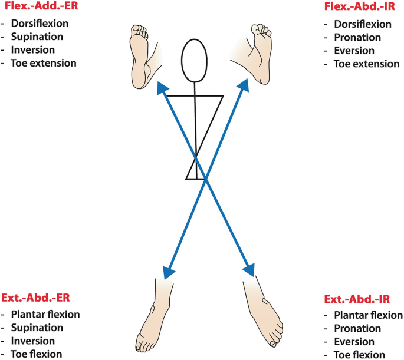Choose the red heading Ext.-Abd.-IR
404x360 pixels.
[x=362, y=299]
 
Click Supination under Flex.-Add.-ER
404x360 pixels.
[x=39, y=37]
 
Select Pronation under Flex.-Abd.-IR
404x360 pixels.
[x=357, y=38]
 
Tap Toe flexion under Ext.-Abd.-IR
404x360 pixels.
[x=359, y=355]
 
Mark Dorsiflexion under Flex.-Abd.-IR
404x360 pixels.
[x=362, y=24]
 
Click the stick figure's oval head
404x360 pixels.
[x=195, y=60]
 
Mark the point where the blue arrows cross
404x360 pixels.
[x=205, y=180]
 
